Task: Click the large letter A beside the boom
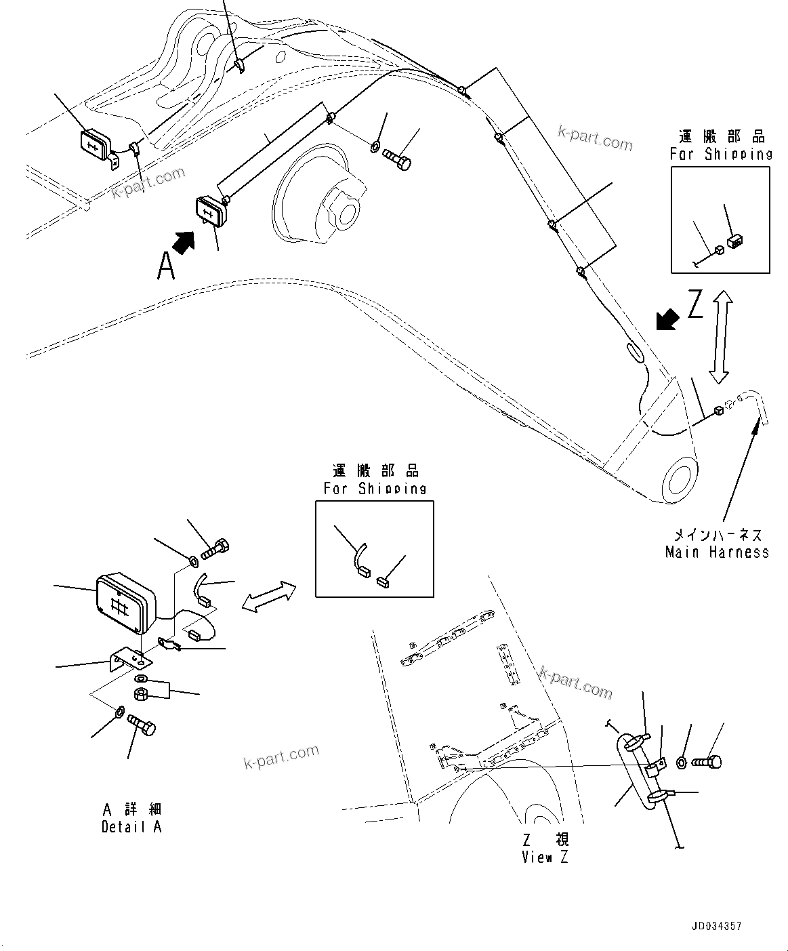pos(166,266)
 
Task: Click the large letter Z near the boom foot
pos(695,306)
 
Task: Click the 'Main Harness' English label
pos(717,552)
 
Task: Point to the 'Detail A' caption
pos(131,827)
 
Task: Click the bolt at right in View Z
pos(706,762)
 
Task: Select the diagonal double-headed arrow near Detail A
pos(269,596)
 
